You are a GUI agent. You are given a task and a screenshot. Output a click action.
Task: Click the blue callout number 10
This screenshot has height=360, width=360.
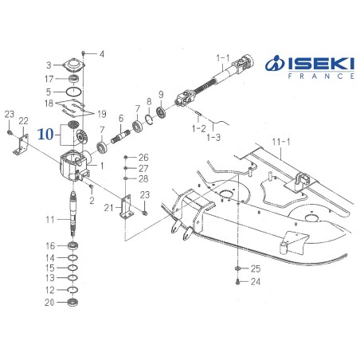[x=45, y=135]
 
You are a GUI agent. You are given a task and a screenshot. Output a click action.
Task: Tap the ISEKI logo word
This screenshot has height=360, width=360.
[x=322, y=64]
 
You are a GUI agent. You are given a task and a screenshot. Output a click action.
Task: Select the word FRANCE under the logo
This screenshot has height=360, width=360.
[x=321, y=76]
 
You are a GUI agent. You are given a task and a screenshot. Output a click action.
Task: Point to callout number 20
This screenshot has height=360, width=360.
[x=49, y=302]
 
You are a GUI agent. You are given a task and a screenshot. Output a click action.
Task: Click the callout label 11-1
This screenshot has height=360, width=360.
[x=281, y=142]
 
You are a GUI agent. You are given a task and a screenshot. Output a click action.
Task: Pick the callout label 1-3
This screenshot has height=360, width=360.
[x=213, y=137]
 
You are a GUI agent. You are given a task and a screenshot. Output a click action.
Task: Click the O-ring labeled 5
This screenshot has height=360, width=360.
[x=73, y=92]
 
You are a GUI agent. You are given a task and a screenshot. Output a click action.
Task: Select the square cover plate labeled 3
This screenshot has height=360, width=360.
[x=73, y=65]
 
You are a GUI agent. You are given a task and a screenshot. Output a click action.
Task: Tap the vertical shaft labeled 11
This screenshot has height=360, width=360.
[x=73, y=213]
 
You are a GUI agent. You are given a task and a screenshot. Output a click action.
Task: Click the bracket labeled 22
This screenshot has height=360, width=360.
[x=22, y=143]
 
